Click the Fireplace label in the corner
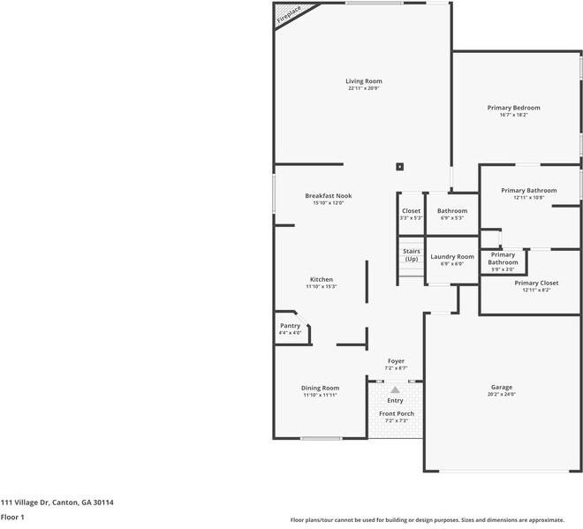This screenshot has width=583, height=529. tap(289, 14)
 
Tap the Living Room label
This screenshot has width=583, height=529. tap(364, 81)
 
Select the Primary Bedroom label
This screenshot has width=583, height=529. tap(513, 108)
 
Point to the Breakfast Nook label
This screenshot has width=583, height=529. tap(328, 195)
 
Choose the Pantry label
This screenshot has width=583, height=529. tap(290, 326)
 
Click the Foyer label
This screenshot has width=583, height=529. tap(396, 360)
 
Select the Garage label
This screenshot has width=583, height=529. tap(501, 387)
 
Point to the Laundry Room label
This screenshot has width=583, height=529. tap(451, 256)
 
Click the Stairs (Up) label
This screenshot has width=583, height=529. tap(412, 254)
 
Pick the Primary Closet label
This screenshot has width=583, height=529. tap(536, 283)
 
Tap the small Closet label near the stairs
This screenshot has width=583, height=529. tap(411, 211)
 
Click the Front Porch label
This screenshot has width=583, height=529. tap(396, 413)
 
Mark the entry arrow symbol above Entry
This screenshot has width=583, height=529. tap(396, 389)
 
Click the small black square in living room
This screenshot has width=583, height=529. tap(400, 165)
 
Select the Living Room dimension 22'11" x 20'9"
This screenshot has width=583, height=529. tap(364, 88)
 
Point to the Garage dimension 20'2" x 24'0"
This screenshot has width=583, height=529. tap(501, 394)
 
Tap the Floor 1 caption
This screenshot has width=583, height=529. tap(12, 517)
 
